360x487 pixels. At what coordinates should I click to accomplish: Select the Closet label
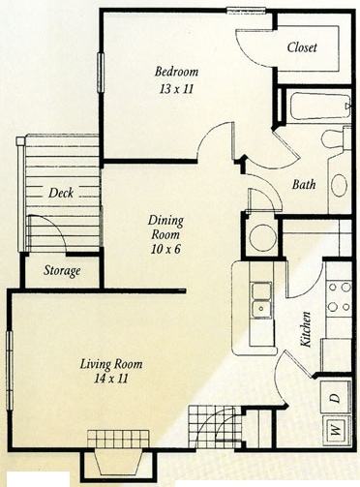pyautogui.click(x=308, y=47)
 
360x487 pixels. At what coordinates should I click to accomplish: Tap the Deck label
pyautogui.click(x=62, y=193)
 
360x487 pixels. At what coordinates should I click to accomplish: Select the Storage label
pyautogui.click(x=62, y=270)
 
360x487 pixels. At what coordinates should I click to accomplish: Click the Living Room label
pyautogui.click(x=110, y=364)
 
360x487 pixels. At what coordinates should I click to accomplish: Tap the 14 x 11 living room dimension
pyautogui.click(x=110, y=380)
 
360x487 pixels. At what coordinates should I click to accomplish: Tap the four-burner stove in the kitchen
pyautogui.click(x=338, y=297)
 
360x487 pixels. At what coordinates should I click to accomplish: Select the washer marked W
pyautogui.click(x=334, y=426)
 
